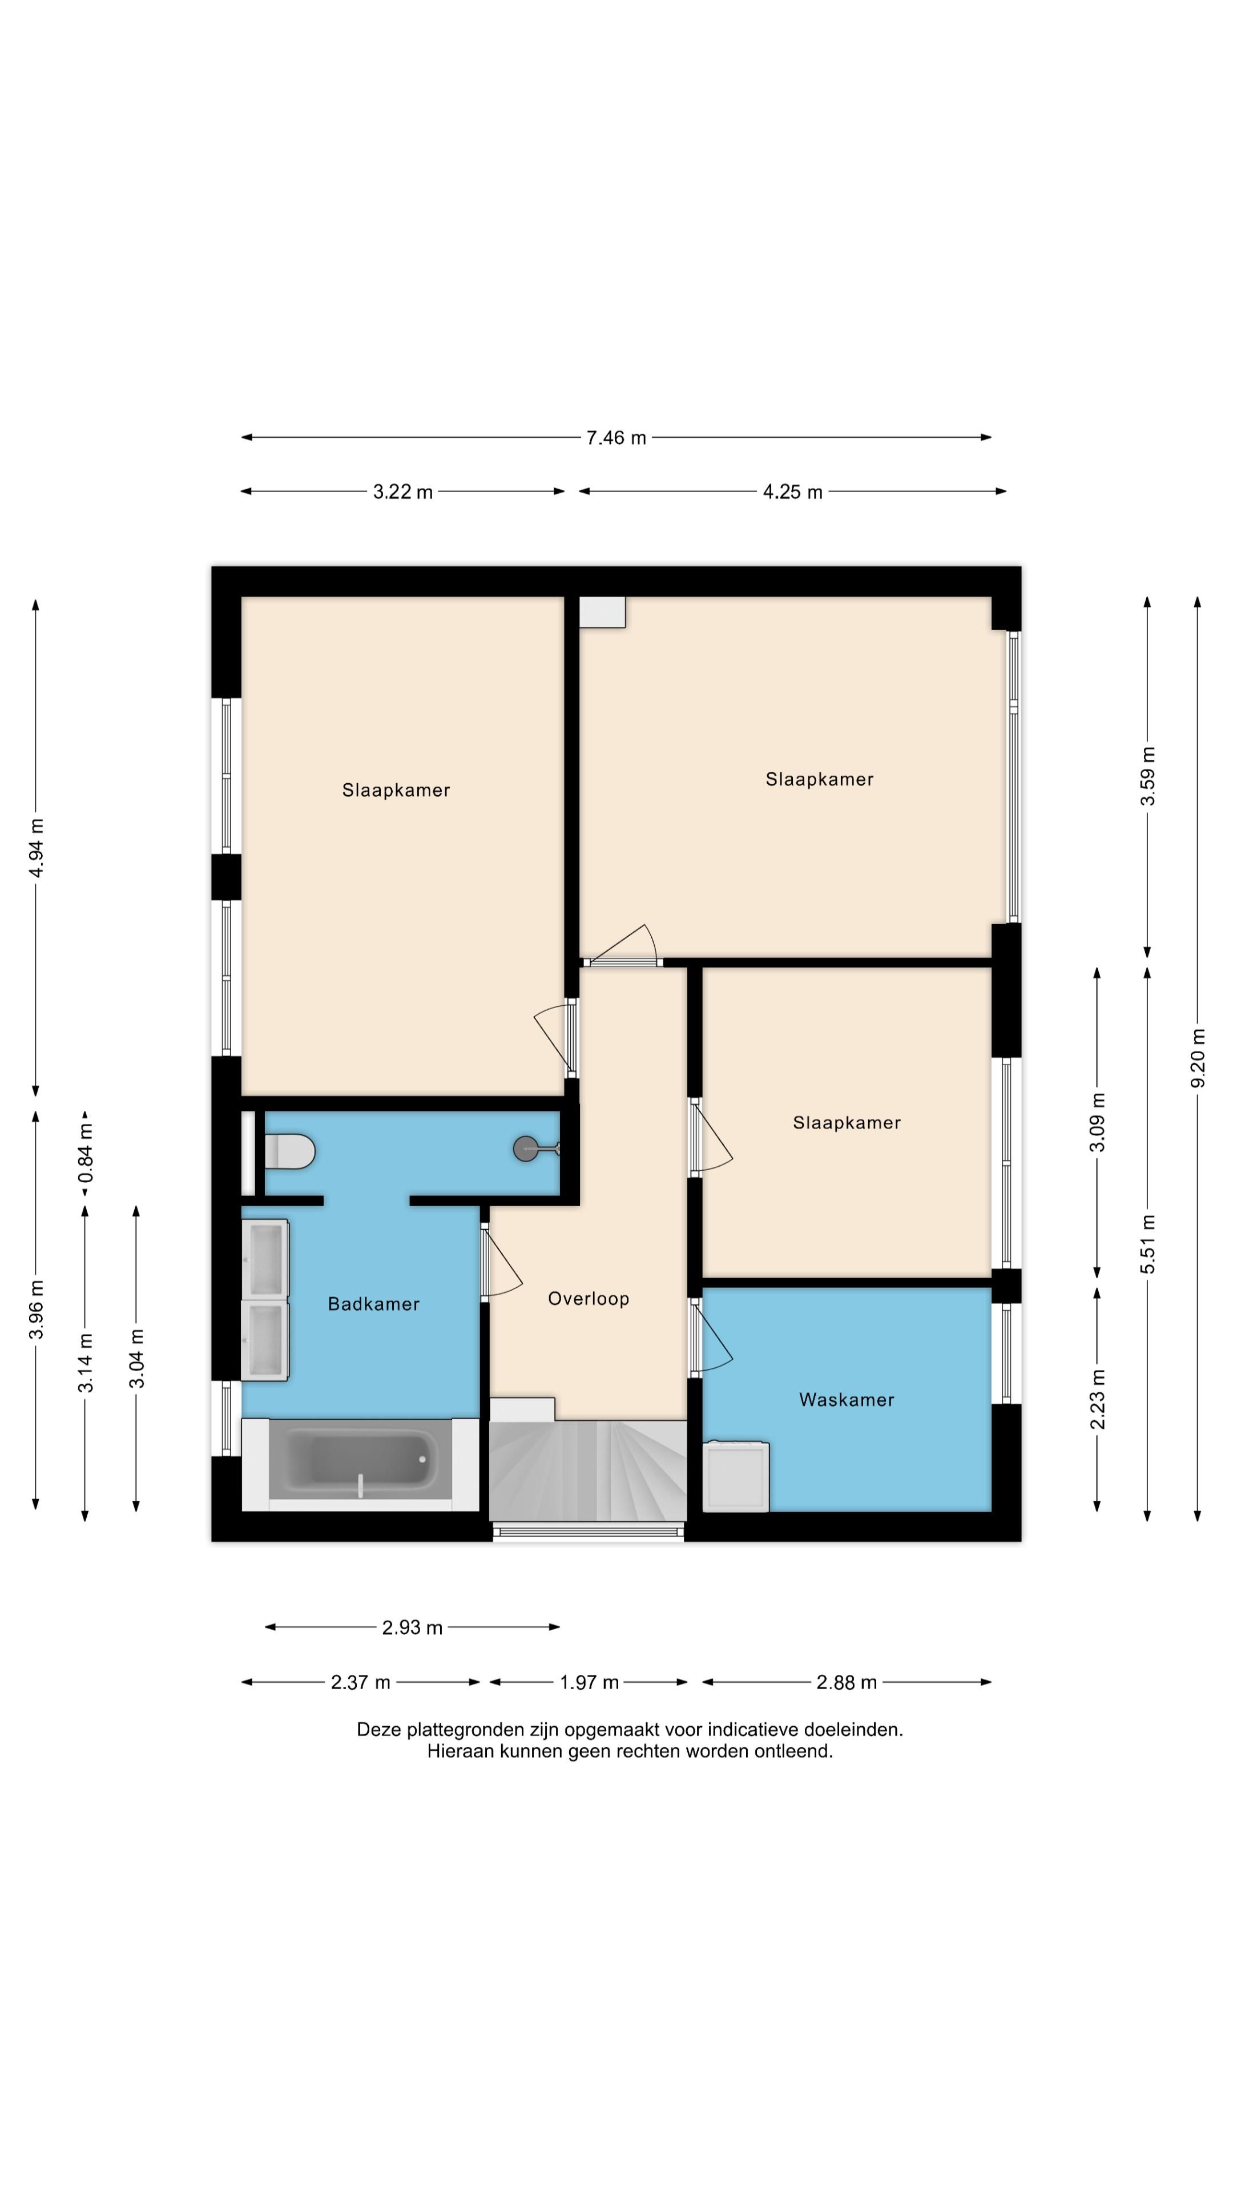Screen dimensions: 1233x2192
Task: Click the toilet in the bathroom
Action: (290, 1152)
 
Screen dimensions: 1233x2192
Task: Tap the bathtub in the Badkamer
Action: (360, 1462)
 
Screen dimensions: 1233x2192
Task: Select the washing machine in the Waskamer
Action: (736, 1476)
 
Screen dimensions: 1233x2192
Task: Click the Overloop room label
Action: (588, 1299)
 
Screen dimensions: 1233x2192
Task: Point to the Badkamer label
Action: (373, 1304)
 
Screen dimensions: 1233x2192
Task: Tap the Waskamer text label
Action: (847, 1400)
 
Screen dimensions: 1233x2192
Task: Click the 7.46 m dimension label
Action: (616, 437)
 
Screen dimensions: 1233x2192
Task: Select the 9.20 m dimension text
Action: (1198, 1058)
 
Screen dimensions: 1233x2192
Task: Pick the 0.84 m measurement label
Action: (85, 1152)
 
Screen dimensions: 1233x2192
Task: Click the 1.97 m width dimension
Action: (589, 1682)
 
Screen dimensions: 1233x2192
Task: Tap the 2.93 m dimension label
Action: (412, 1627)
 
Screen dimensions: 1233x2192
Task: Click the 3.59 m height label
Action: (1148, 775)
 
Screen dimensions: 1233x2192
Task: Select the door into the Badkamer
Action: (502, 1263)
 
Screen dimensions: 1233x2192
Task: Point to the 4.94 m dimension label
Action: (36, 848)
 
